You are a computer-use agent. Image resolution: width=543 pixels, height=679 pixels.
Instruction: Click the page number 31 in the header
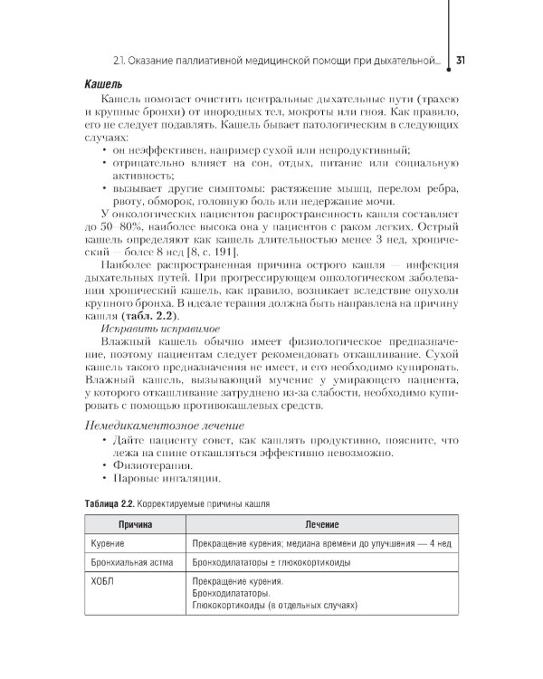pos(461,62)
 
